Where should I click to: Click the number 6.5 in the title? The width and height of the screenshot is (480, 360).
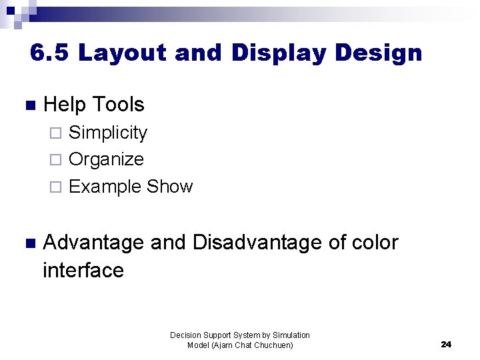tap(51, 53)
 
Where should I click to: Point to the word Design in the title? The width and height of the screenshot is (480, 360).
tap(380, 53)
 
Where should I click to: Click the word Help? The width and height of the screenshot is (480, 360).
tap(65, 104)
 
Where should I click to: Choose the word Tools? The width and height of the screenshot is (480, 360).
tap(119, 104)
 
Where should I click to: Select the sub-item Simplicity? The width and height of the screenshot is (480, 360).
tap(108, 133)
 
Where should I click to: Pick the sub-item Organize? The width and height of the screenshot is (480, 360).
tap(106, 159)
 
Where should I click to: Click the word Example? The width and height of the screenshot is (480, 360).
tap(105, 187)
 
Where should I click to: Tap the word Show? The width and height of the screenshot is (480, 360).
tap(169, 187)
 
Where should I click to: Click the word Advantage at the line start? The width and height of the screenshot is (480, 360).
tap(93, 243)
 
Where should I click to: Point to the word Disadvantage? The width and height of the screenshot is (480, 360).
tap(257, 243)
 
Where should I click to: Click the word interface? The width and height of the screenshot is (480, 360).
tap(83, 270)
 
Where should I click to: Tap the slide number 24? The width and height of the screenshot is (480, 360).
tap(446, 344)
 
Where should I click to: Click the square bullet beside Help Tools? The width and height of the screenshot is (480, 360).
tap(27, 105)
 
